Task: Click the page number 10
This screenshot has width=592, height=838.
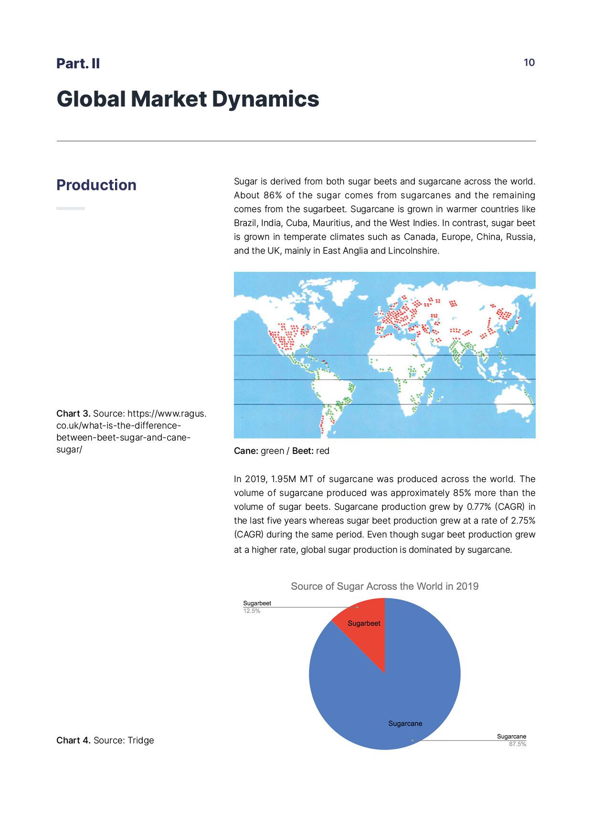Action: (529, 63)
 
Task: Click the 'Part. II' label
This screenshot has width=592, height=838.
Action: (78, 64)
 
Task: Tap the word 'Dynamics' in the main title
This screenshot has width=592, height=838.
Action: (265, 99)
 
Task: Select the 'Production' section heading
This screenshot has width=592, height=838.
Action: (96, 185)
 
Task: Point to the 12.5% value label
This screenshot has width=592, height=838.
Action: (252, 611)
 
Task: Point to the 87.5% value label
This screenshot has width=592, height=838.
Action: (518, 744)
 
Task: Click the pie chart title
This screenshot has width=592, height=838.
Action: (384, 586)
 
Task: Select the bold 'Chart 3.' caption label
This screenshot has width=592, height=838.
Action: (73, 413)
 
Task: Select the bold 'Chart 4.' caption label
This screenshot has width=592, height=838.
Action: (73, 740)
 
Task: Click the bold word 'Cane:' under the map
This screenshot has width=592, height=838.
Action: (246, 451)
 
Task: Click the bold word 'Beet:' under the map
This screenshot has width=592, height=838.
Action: (303, 451)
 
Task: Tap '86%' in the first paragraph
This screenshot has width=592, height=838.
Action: (272, 195)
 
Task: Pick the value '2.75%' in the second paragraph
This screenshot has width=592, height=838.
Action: (523, 520)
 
